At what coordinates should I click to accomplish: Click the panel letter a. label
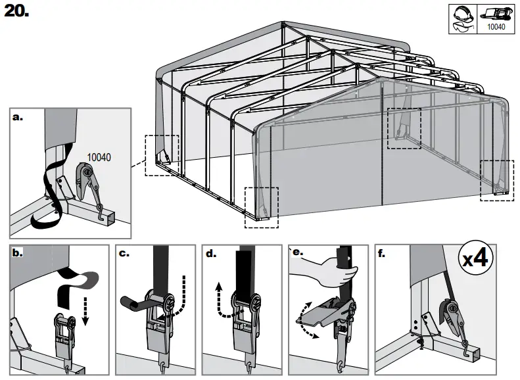coord(18,118)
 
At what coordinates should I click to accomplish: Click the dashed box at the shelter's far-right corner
coord(498,179)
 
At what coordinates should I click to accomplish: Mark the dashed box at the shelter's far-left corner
coord(161,154)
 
